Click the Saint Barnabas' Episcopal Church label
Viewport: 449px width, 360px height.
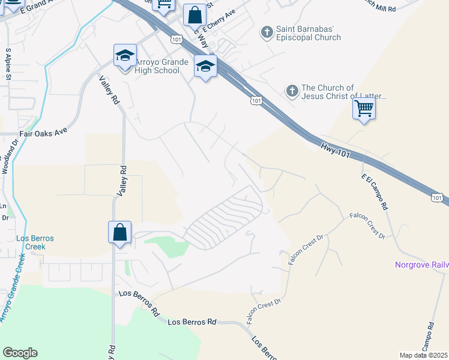pyautogui.click(x=308, y=34)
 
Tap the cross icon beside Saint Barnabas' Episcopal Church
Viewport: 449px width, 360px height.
pyautogui.click(x=266, y=31)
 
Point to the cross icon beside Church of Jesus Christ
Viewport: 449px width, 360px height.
pyautogui.click(x=292, y=91)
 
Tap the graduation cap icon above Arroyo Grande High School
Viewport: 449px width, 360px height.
pyautogui.click(x=125, y=56)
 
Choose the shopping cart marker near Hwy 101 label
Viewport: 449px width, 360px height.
pyautogui.click(x=363, y=109)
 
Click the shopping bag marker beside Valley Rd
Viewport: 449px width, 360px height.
pyautogui.click(x=119, y=232)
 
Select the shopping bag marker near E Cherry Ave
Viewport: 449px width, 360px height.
pyautogui.click(x=194, y=15)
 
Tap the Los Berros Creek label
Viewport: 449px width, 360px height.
pyautogui.click(x=35, y=242)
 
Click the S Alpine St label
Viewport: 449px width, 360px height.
pyautogui.click(x=8, y=64)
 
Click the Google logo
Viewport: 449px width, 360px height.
pyautogui.click(x=20, y=352)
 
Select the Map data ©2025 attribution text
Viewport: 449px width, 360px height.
pyautogui.click(x=424, y=355)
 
